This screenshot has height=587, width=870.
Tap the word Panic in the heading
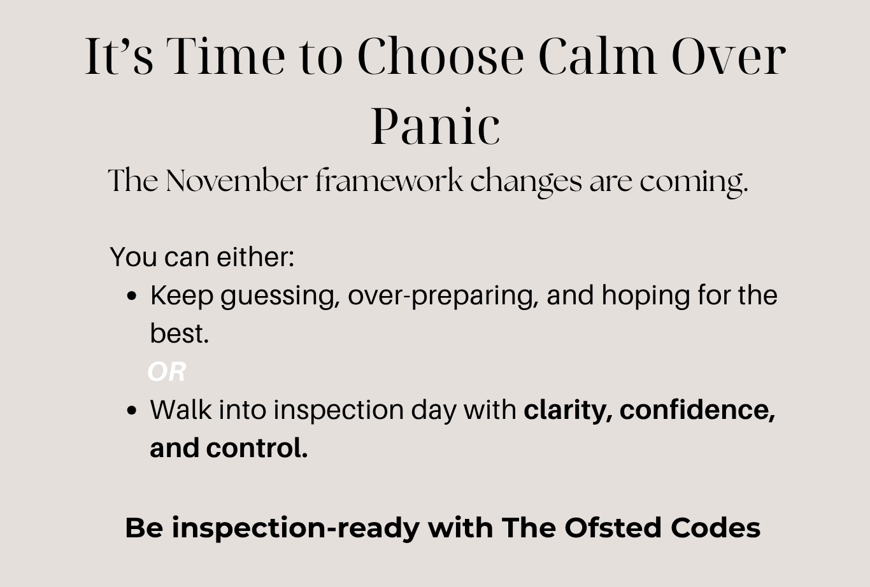click(x=436, y=126)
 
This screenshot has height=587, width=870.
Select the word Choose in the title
click(x=441, y=56)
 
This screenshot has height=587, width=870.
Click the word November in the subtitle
click(x=237, y=181)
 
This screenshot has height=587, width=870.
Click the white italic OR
click(x=167, y=372)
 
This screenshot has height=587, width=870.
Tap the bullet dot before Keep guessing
click(x=132, y=296)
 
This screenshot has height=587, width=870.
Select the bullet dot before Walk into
click(x=132, y=411)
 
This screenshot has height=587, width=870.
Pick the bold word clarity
click(x=569, y=411)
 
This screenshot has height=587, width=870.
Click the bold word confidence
click(x=697, y=411)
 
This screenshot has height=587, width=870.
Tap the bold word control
click(x=257, y=448)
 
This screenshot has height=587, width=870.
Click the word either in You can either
click(x=255, y=257)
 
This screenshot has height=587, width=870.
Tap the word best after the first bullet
click(x=180, y=334)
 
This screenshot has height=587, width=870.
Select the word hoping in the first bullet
click(x=646, y=297)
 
